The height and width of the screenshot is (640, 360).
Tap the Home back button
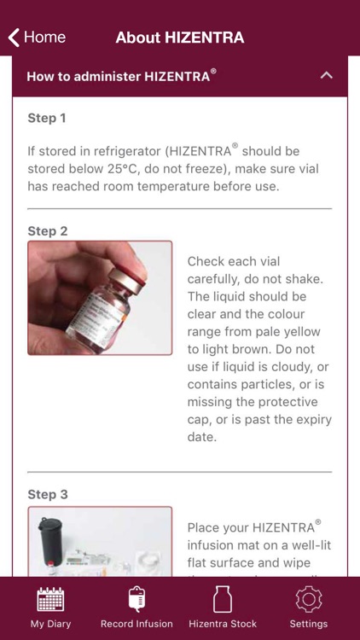coord(37,38)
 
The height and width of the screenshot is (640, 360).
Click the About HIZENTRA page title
coord(180,38)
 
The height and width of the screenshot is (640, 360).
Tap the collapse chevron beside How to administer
coord(326,76)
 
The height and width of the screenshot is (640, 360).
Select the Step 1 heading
coord(47,118)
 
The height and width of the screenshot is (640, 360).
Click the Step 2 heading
coord(47,230)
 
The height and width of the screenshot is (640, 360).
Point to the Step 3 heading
coord(47,494)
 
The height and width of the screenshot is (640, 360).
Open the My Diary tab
coord(50,608)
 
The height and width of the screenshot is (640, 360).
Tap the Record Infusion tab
coord(136,608)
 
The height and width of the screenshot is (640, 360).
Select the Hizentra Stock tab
coord(223,608)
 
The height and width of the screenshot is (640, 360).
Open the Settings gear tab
coord(308,608)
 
